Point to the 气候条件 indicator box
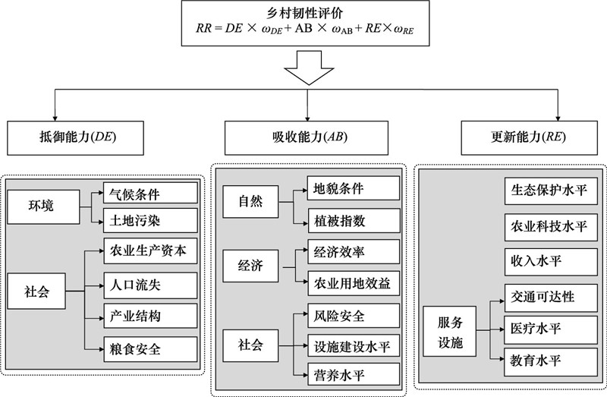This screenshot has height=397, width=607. (x=151, y=194)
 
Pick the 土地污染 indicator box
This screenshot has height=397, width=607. (x=151, y=221)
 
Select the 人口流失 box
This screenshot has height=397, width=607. (x=151, y=285)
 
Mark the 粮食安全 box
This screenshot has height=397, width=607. (x=151, y=350)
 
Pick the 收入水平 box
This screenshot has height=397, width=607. (x=550, y=260)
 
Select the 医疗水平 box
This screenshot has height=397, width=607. (x=550, y=329)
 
